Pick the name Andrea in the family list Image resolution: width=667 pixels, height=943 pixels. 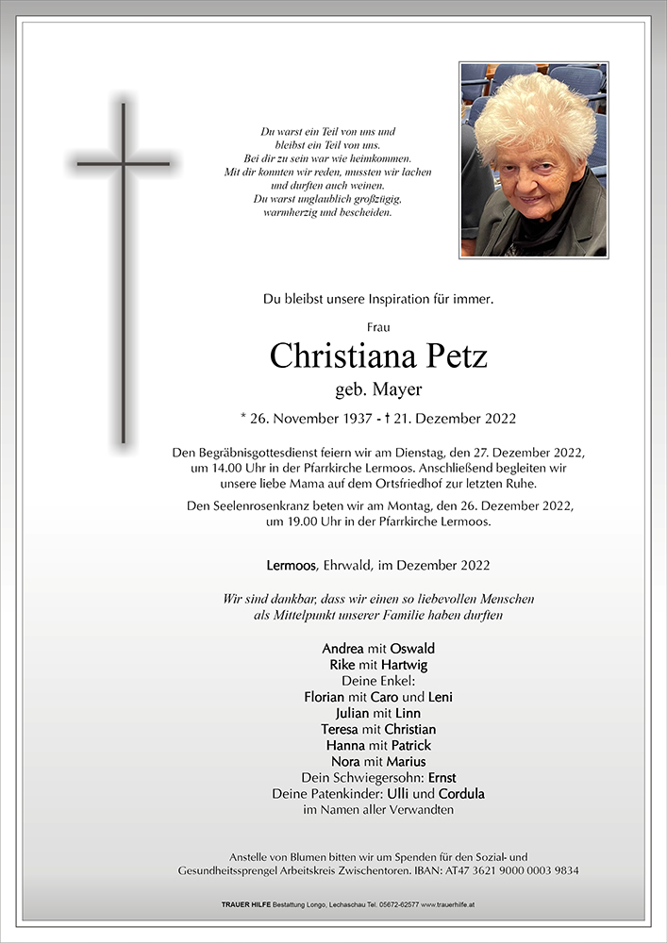342,649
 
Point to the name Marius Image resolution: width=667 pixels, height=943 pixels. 406,761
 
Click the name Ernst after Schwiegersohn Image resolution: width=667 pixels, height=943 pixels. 442,777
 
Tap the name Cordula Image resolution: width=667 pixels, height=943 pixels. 462,793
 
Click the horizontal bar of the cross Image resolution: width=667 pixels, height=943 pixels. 124,163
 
